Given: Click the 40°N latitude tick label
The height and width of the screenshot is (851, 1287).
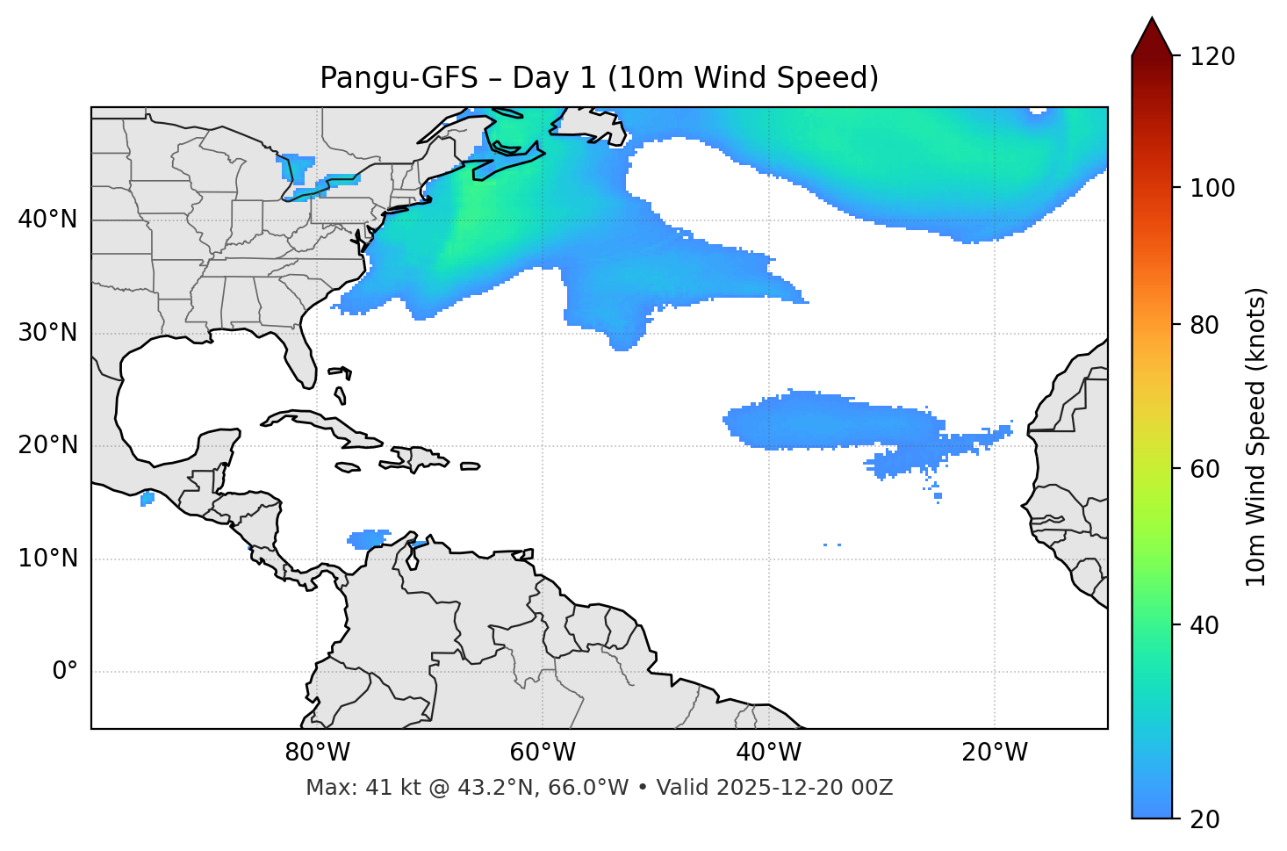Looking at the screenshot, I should tap(47, 220).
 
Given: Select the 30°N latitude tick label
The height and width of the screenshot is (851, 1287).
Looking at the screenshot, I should tap(47, 333).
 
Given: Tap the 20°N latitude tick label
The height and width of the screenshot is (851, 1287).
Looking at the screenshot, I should tap(47, 445).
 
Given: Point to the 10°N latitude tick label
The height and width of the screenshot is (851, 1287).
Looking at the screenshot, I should tap(47, 559).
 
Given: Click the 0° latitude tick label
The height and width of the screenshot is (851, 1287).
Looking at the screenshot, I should tap(65, 672).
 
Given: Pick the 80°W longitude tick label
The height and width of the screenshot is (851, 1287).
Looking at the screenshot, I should tap(317, 753).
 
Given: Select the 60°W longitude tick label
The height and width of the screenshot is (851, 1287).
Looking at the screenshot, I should tap(543, 753).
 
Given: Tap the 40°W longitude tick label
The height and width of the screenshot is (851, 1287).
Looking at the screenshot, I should tap(768, 753).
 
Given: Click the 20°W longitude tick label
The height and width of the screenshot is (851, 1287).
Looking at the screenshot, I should tap(995, 753).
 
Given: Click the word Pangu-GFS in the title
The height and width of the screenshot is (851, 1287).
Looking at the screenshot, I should tap(399, 78).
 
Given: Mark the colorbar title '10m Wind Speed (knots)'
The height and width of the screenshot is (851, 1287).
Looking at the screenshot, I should tap(1256, 437).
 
